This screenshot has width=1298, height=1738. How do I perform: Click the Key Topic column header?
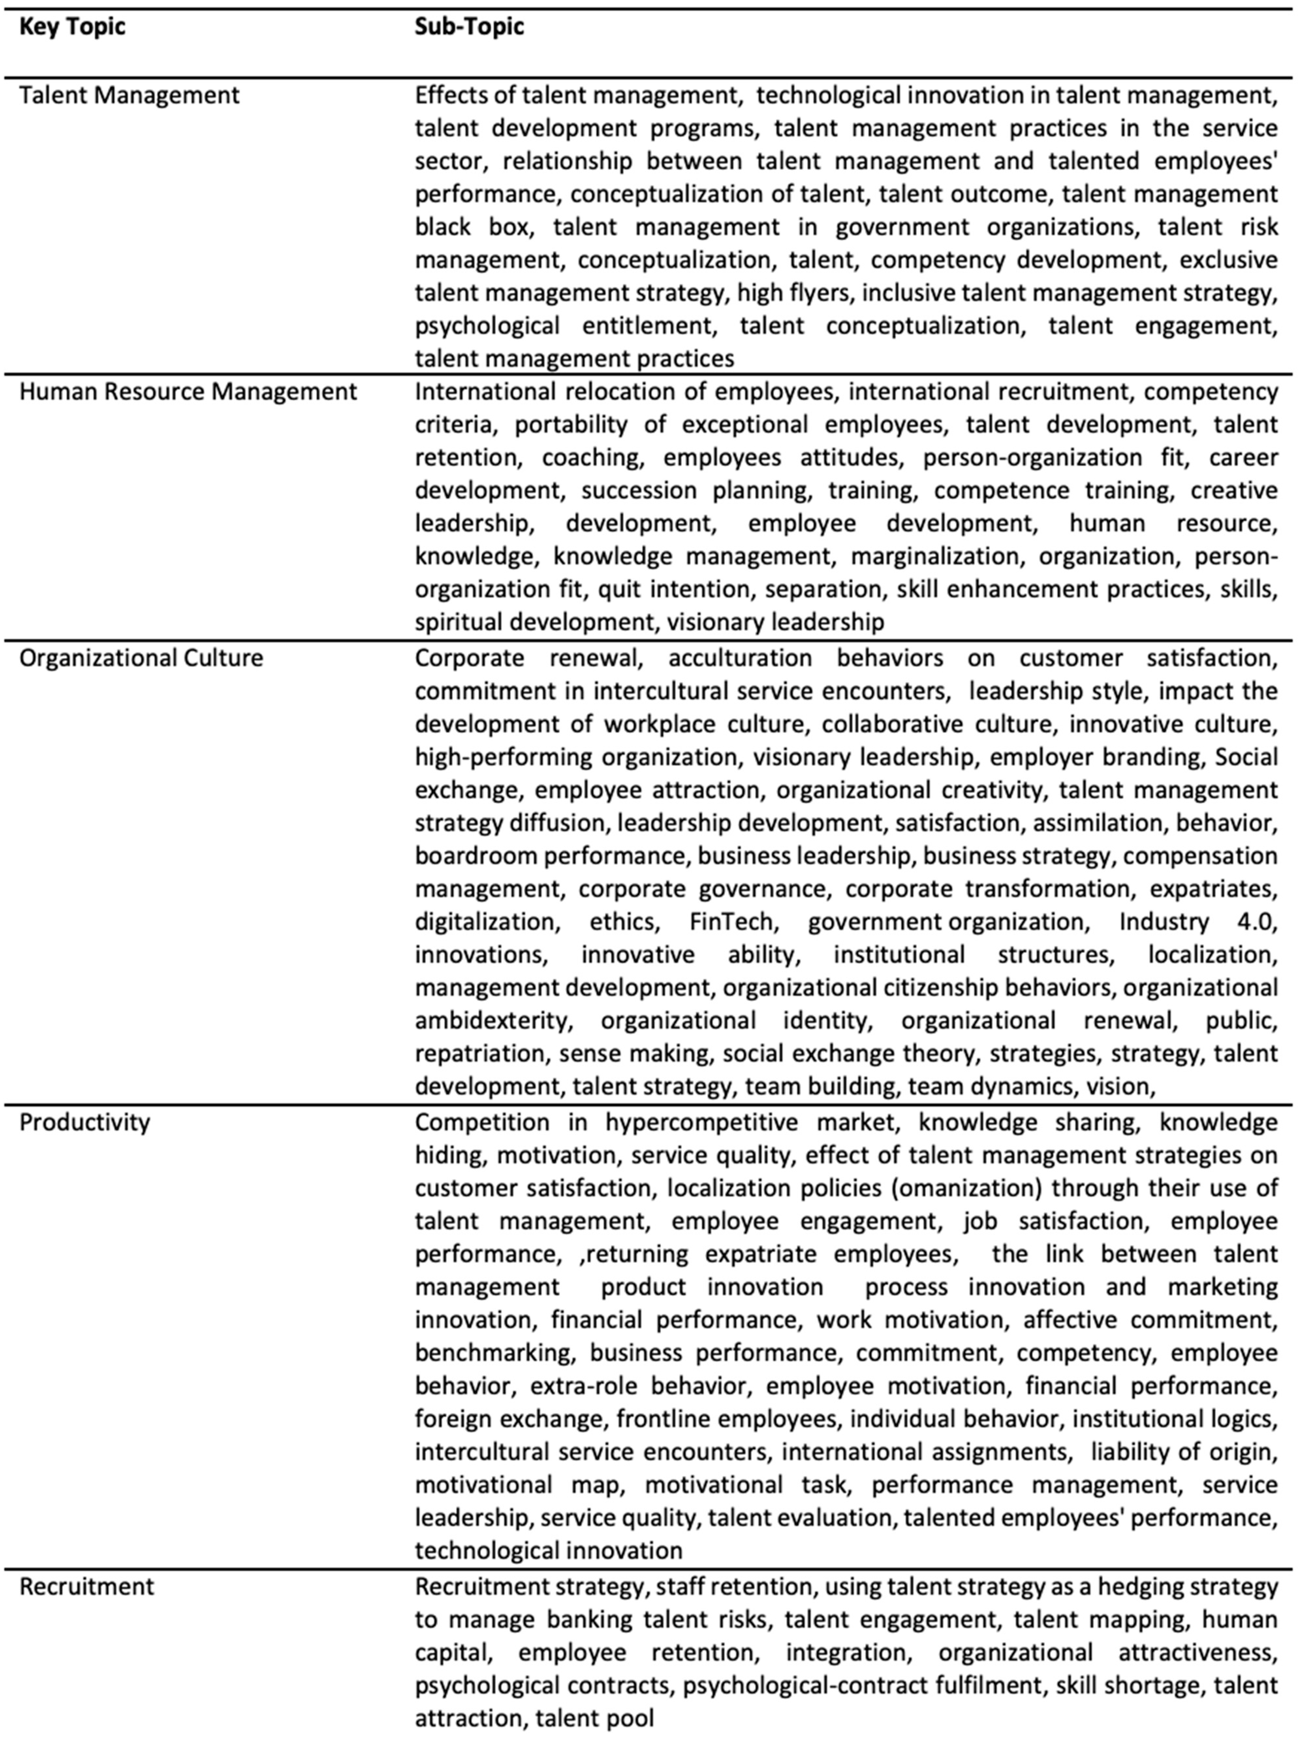pos(72,27)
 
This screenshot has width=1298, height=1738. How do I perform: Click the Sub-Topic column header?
pos(469,27)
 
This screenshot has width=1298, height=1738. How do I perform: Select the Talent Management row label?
pos(129,95)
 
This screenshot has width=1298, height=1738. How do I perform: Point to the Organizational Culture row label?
pos(141,658)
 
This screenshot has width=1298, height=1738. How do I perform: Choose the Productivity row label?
pos(84,1122)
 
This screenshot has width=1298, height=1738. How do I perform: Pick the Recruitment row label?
pos(86,1586)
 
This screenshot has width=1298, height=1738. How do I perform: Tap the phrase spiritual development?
pos(534,622)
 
